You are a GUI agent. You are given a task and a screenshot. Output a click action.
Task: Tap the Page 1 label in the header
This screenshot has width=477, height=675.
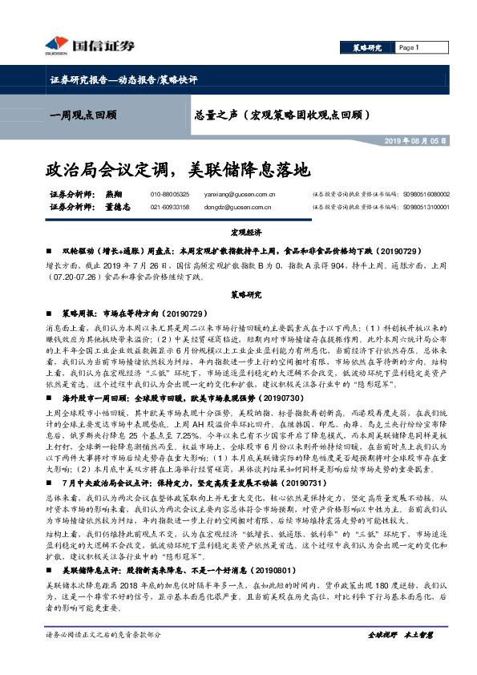[x=410, y=48]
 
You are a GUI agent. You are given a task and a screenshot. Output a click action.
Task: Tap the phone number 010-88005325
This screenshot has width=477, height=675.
[x=170, y=194]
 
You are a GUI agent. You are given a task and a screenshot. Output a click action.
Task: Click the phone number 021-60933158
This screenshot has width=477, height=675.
[x=170, y=207]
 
